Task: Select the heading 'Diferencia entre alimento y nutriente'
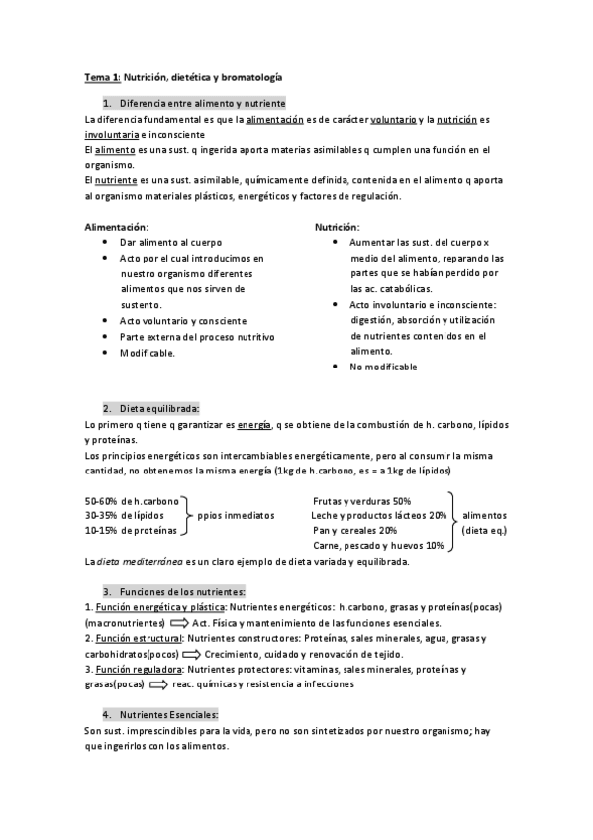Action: [202, 103]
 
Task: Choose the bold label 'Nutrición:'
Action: [338, 227]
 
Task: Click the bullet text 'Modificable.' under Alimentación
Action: [147, 353]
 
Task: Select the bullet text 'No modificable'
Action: [383, 367]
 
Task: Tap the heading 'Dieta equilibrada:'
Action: [158, 408]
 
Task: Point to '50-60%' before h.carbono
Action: [101, 501]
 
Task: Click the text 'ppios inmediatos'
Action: [236, 516]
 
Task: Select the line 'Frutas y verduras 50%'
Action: [360, 501]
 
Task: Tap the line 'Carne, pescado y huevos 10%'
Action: [377, 546]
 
